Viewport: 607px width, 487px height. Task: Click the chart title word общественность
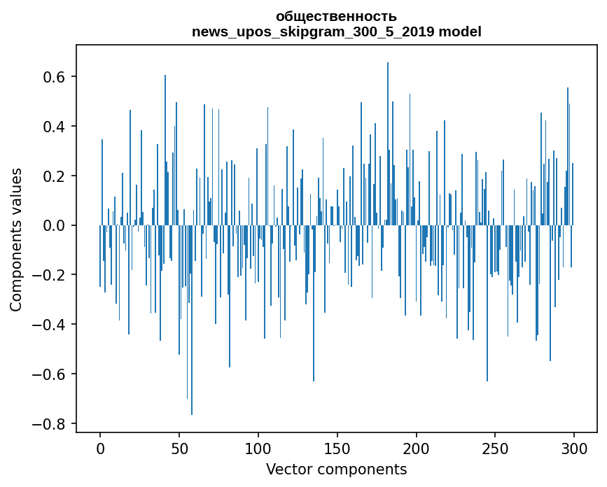(x=336, y=16)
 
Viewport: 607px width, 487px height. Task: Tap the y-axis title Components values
(x=16, y=239)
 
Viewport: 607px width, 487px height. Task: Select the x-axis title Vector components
(x=336, y=469)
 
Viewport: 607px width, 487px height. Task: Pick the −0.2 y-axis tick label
(x=50, y=276)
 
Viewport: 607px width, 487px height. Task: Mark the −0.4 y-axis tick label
(x=50, y=325)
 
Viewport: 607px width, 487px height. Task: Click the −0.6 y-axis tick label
(x=50, y=374)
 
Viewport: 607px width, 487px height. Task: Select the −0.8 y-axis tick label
(x=50, y=424)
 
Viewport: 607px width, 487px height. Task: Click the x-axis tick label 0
(x=100, y=447)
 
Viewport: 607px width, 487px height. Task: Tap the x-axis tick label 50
(x=179, y=447)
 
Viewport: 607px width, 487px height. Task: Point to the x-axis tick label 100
(x=258, y=447)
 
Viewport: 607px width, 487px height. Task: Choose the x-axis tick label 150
(x=337, y=447)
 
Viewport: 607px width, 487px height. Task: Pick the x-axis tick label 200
(x=417, y=447)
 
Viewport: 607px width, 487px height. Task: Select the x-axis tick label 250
(x=495, y=447)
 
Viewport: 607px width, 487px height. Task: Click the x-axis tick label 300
(x=574, y=447)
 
